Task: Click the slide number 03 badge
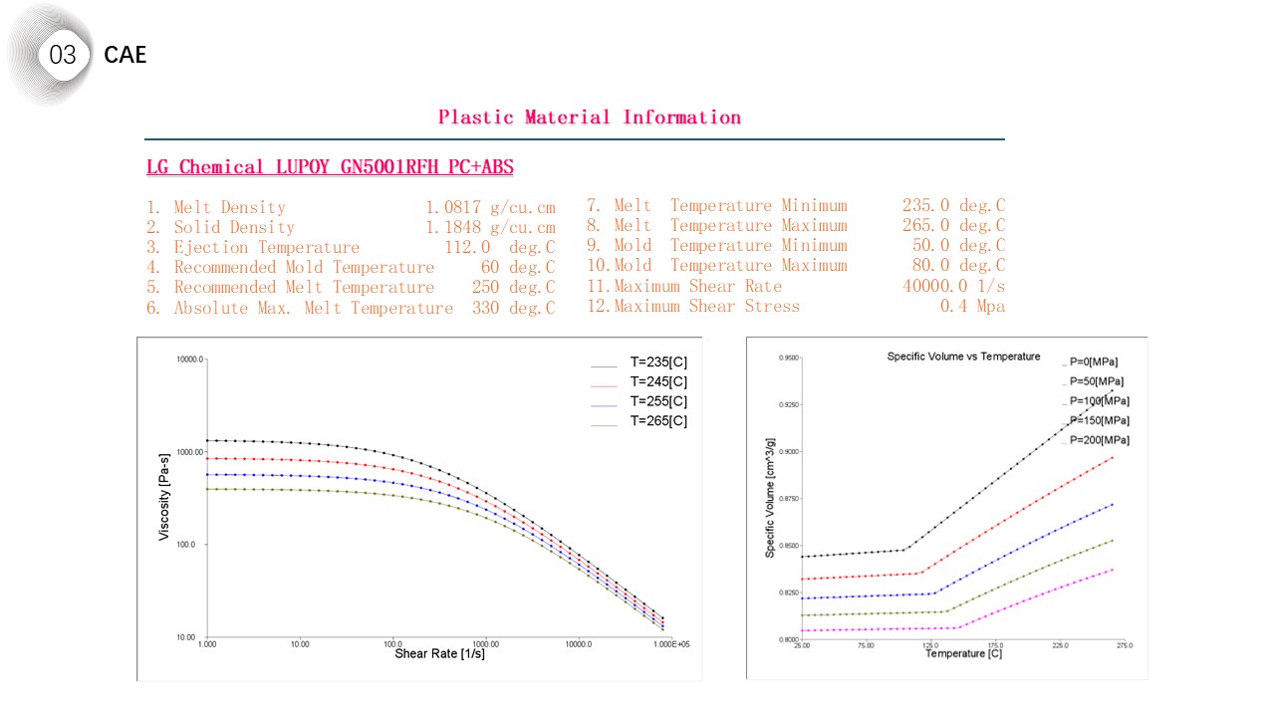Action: click(62, 55)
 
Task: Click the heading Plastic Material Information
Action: click(590, 118)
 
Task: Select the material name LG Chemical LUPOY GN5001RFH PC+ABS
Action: click(330, 167)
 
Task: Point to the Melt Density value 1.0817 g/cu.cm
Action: click(490, 207)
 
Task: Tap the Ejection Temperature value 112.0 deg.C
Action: click(499, 247)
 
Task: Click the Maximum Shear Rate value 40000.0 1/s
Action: click(953, 286)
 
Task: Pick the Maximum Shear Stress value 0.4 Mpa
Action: click(972, 306)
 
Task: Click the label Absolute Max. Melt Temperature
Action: click(313, 308)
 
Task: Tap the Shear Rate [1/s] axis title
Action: click(439, 654)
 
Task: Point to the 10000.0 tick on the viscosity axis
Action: click(189, 358)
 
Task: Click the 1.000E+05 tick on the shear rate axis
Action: click(670, 645)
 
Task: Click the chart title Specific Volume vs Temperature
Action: click(963, 357)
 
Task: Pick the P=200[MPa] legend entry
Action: click(1099, 440)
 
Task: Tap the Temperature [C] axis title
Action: click(963, 654)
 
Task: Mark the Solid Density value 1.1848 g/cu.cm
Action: click(490, 227)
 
